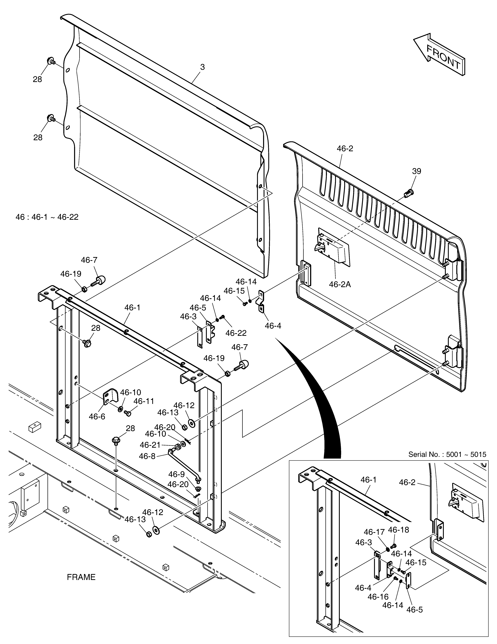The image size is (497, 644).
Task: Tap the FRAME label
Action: (x=81, y=577)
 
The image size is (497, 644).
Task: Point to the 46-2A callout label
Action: (x=340, y=285)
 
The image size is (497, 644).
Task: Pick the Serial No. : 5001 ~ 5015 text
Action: (x=447, y=454)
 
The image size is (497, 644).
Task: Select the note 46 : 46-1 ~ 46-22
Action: (x=47, y=217)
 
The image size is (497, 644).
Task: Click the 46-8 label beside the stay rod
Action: (x=147, y=456)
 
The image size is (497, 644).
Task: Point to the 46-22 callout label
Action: (x=236, y=333)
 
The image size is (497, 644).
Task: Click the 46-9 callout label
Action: (x=177, y=474)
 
